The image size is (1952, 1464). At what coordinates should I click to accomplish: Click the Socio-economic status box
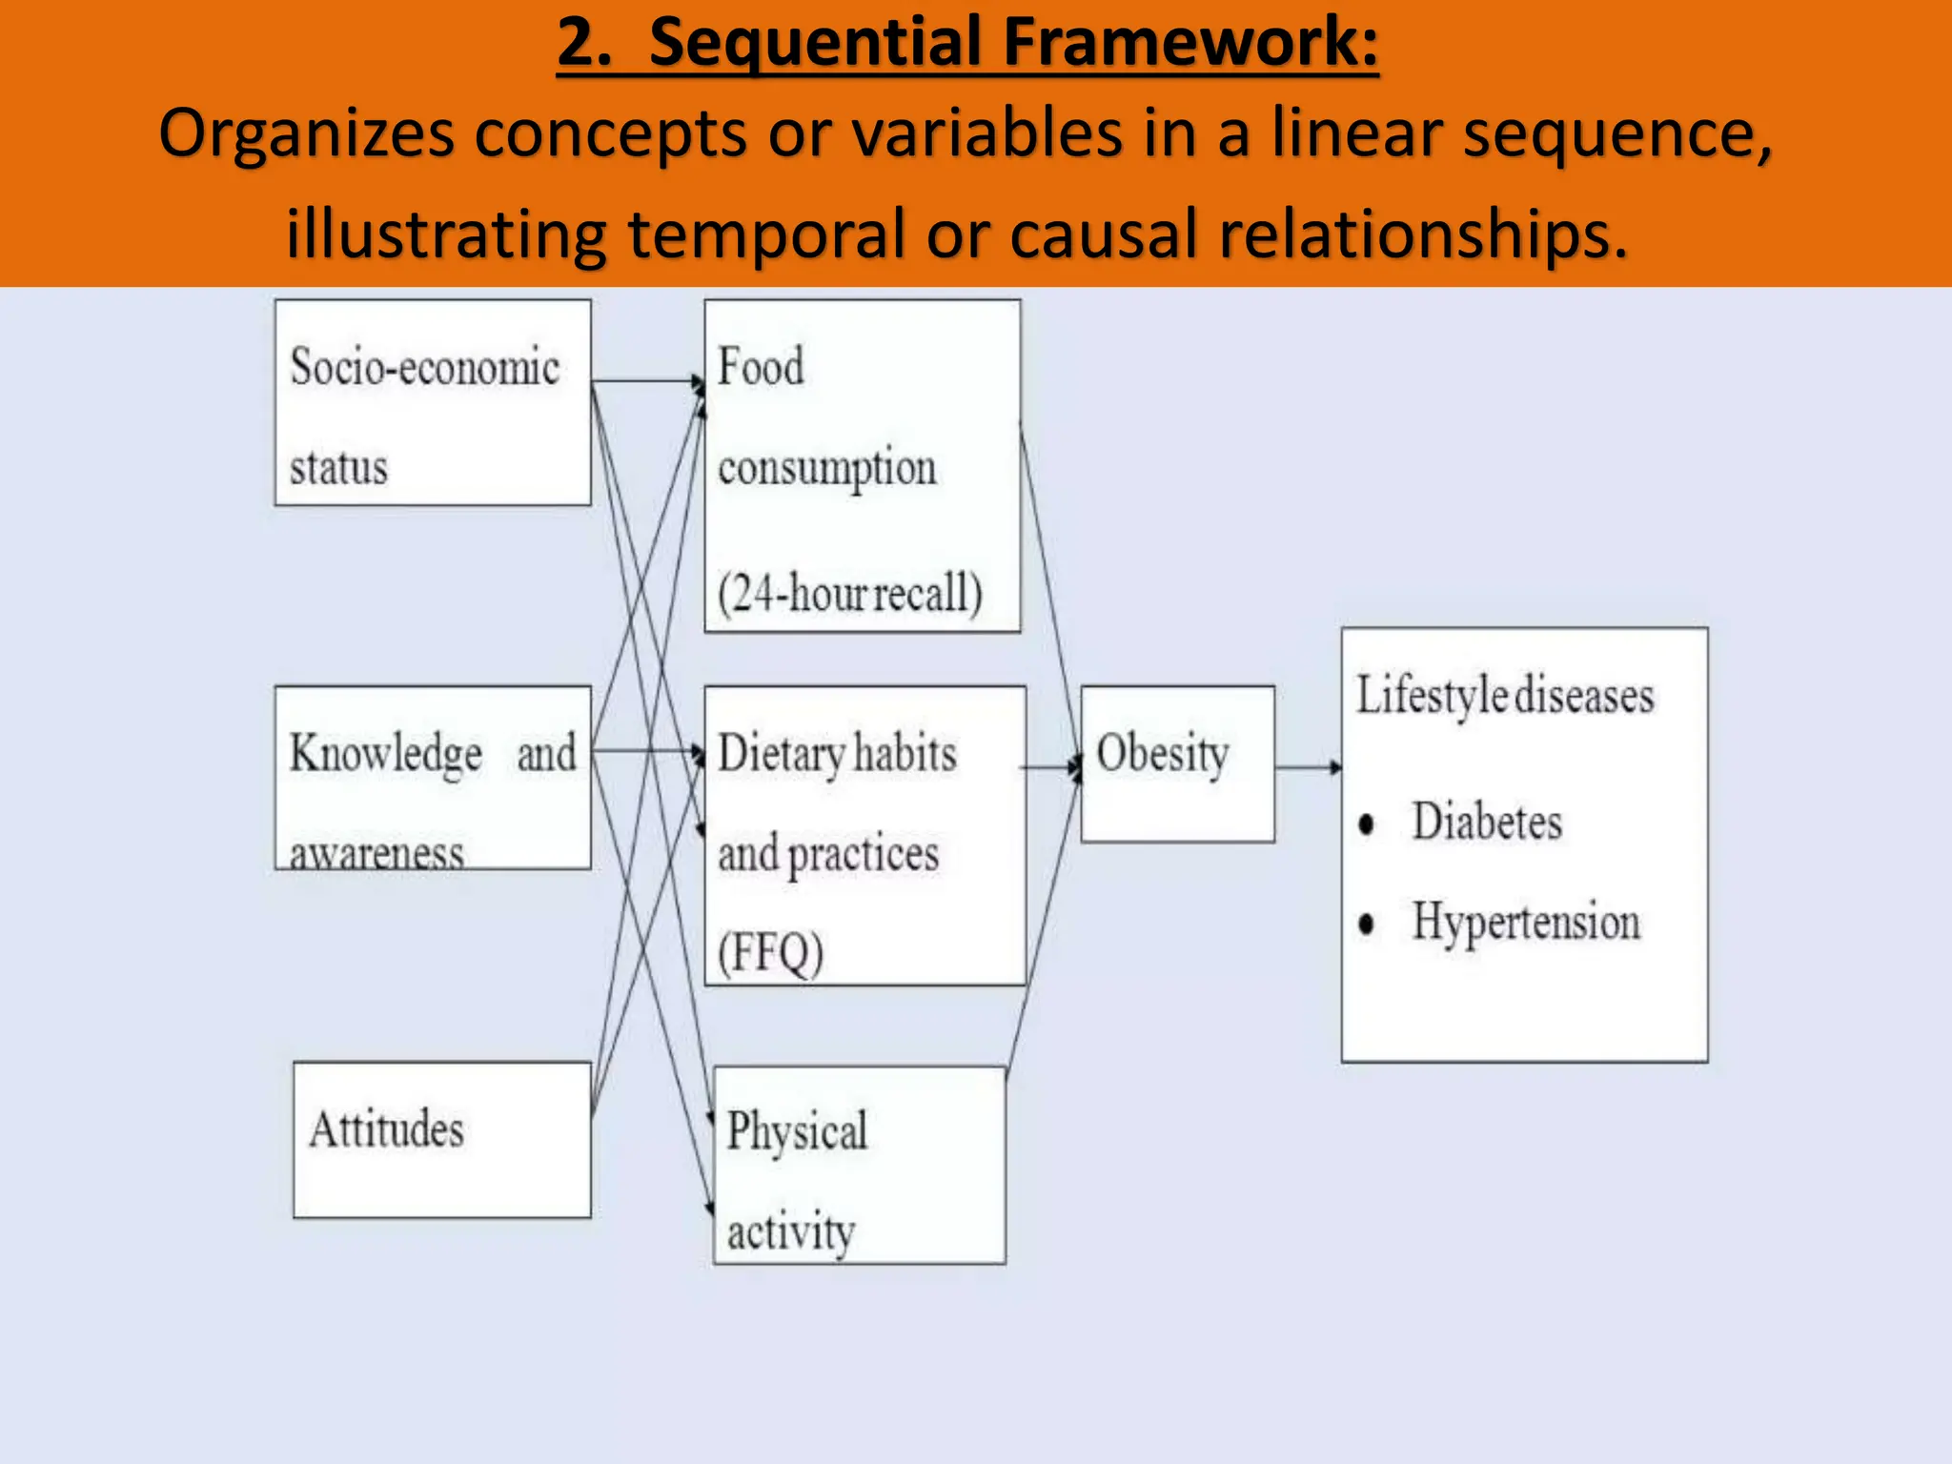433,403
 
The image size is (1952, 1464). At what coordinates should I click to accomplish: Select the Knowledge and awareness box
433,778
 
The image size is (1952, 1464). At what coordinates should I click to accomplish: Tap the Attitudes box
442,1139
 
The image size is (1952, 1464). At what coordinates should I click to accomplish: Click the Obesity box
1177,763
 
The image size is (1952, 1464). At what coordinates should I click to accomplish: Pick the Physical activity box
860,1166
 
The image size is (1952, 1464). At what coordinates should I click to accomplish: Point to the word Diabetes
1487,822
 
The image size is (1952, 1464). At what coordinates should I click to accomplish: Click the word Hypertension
1526,922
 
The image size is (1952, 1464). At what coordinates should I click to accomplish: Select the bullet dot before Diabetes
1367,823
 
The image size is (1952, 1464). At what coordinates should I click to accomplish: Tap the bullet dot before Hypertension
1367,924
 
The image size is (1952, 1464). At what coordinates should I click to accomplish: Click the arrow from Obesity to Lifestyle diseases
1308,766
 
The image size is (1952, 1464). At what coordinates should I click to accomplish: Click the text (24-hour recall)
849,593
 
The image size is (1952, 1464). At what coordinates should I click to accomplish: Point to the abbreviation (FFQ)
770,952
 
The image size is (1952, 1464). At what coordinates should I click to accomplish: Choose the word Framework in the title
1190,43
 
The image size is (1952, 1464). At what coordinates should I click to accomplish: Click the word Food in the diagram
761,367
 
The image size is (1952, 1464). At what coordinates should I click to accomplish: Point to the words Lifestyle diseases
1505,695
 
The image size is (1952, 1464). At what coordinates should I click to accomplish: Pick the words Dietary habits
837,754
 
